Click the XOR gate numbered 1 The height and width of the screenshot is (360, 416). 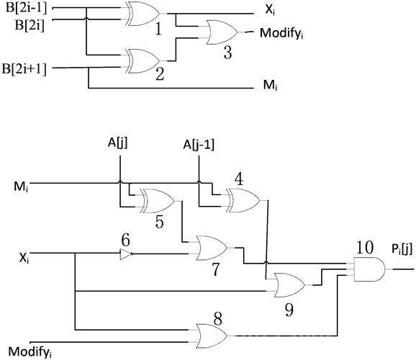point(143,14)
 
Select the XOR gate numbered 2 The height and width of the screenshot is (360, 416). point(143,60)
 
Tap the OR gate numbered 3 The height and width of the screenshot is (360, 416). point(222,32)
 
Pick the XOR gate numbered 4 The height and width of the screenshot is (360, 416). point(243,200)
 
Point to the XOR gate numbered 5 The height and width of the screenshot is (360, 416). point(157,201)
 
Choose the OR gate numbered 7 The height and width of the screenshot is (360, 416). point(212,248)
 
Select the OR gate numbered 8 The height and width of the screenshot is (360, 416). point(212,336)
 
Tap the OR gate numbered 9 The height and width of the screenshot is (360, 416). point(289,285)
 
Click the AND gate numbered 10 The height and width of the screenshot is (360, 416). point(369,269)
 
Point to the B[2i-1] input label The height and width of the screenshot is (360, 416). point(26,8)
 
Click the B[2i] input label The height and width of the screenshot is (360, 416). point(30,26)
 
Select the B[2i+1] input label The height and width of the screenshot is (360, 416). point(24,69)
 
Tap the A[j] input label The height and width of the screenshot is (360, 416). point(117,143)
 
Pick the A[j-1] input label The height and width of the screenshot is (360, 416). point(199,145)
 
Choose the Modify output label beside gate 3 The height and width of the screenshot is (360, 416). point(281,33)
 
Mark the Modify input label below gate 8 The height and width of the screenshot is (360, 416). point(30,352)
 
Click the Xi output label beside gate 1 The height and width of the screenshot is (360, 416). point(270,10)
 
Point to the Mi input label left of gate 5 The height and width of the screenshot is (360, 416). point(21,186)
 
